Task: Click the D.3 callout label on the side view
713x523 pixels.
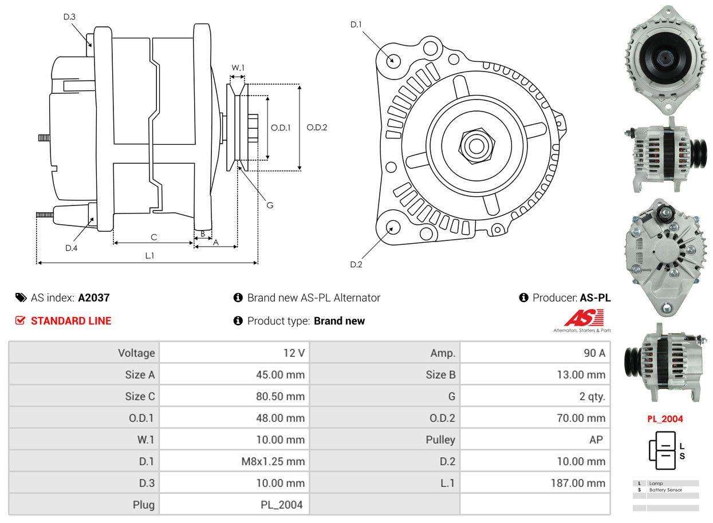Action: (69, 17)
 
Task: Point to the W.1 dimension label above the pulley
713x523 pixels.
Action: (238, 68)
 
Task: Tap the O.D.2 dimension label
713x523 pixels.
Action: (317, 127)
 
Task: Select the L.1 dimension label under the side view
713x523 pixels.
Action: (149, 256)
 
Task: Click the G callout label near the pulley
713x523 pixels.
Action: (270, 205)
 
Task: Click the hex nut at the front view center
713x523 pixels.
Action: (475, 144)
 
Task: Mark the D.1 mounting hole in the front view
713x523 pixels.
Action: (392, 60)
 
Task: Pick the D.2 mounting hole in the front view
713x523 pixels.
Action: (392, 227)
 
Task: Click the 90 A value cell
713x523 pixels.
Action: (594, 353)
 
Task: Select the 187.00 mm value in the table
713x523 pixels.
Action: (578, 483)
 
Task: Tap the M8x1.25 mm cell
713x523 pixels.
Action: (273, 461)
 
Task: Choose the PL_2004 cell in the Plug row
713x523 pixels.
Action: (281, 505)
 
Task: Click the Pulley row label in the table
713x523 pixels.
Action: (440, 439)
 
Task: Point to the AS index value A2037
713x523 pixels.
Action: (94, 298)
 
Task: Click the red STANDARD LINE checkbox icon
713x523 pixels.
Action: (21, 320)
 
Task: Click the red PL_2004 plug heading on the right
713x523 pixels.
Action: (665, 419)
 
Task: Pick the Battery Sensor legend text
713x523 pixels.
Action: (665, 490)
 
